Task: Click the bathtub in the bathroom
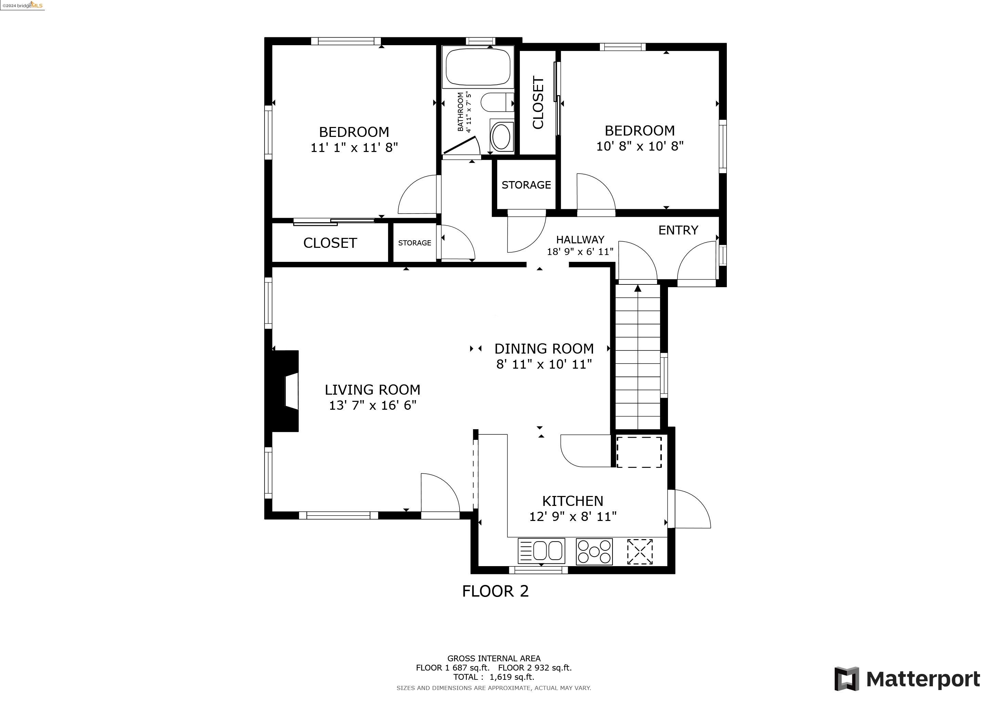point(478,67)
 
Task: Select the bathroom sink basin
point(502,136)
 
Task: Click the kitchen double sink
point(541,551)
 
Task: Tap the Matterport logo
point(906,679)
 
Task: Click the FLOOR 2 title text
point(495,591)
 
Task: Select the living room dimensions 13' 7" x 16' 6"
point(373,405)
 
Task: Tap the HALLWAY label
point(580,240)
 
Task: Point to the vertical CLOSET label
point(538,102)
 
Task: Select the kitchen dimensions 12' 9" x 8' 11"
point(572,517)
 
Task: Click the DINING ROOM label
point(543,348)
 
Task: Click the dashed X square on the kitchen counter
point(639,551)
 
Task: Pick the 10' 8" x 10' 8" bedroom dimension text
point(639,146)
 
